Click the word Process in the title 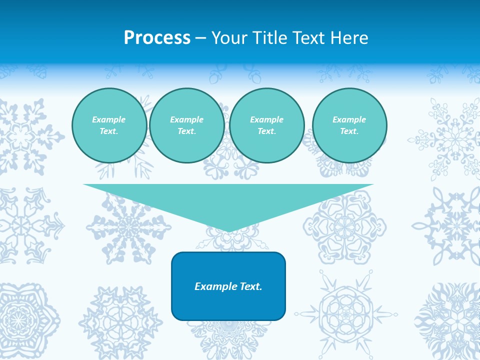coord(157,38)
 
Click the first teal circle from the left coord(109,125)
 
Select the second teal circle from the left coord(187,125)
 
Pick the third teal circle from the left coord(267,125)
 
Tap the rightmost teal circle coord(349,125)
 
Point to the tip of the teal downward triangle coord(229,230)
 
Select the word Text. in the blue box coord(250,286)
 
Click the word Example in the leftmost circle coord(109,119)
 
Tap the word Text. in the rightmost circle coord(349,131)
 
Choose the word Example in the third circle coord(267,119)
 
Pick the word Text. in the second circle coord(187,131)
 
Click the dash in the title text coord(201,38)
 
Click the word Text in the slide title coord(307,38)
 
